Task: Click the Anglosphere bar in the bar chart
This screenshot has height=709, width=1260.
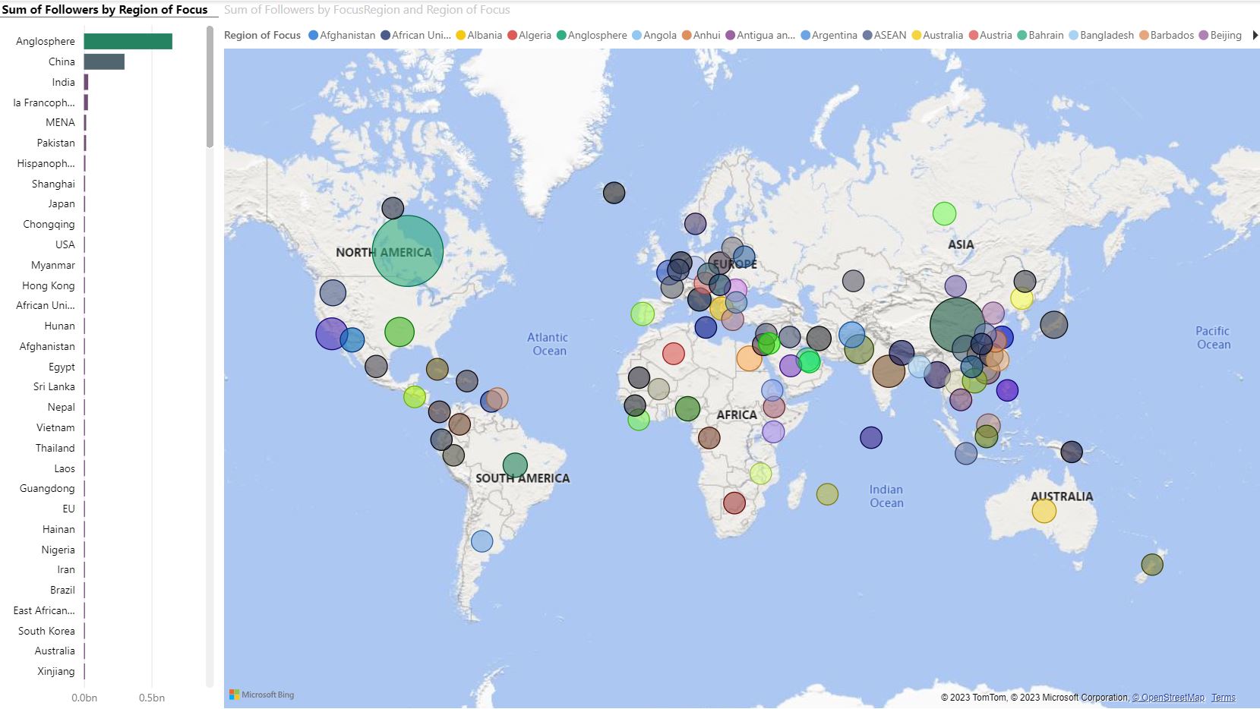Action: tap(128, 42)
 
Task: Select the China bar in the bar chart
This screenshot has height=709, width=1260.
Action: tap(104, 62)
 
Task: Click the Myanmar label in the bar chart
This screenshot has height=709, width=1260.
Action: tap(53, 265)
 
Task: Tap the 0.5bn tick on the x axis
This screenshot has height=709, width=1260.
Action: tap(152, 698)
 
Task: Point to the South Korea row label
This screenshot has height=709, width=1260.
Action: tap(46, 631)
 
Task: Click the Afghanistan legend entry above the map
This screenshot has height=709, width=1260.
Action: tap(342, 36)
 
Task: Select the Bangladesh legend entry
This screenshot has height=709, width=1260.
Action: tap(1101, 36)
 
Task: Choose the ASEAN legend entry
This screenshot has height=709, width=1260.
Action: tap(885, 36)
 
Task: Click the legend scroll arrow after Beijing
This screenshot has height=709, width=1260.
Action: tap(1255, 36)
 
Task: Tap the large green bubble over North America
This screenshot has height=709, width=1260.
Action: tap(408, 251)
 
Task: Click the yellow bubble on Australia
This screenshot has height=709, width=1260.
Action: tap(1044, 511)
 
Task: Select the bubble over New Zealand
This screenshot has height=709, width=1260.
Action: tap(1152, 565)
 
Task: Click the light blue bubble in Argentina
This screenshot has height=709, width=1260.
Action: tap(482, 541)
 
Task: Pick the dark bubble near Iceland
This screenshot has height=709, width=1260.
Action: tap(614, 193)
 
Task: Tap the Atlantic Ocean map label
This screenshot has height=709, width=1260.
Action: tap(548, 344)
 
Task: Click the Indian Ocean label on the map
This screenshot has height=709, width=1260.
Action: tap(886, 496)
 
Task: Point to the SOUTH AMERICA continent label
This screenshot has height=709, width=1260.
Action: tap(523, 478)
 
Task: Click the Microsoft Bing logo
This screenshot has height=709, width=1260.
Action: tap(262, 695)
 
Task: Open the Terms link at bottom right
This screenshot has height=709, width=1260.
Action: tap(1223, 698)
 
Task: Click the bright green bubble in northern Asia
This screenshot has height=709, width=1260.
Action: tap(944, 214)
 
